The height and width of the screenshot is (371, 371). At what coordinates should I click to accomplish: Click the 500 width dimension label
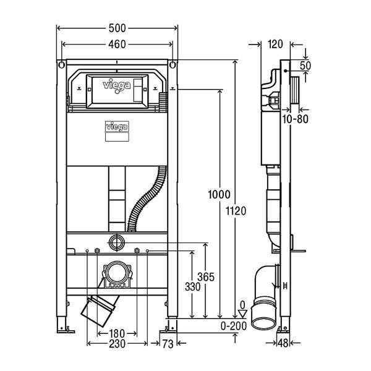(117, 28)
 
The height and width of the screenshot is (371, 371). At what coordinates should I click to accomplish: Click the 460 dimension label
(117, 45)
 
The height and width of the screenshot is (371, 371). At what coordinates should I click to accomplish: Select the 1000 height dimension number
(219, 195)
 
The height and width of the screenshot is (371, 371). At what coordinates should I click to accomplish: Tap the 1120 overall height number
(236, 211)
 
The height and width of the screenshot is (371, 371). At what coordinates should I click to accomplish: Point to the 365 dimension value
(206, 277)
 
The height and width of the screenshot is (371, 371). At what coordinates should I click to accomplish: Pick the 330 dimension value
(192, 287)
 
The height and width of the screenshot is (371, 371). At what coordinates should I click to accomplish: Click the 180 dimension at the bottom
(117, 334)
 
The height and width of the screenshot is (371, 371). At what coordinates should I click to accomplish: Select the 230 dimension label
(117, 344)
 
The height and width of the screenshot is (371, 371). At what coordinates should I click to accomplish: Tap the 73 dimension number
(168, 344)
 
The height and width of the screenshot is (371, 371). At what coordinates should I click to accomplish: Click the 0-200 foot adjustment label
(234, 326)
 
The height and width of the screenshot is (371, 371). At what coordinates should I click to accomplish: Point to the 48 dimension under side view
(283, 343)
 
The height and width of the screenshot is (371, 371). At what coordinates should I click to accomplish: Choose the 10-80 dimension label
(296, 119)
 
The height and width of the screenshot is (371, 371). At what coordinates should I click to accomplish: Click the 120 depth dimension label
(275, 45)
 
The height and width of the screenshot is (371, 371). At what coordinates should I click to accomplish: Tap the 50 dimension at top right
(305, 66)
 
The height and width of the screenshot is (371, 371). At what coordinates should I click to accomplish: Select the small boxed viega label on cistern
(117, 127)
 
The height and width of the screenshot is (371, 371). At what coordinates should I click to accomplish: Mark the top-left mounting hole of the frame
(61, 64)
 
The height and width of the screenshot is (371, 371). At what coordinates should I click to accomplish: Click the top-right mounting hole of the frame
(173, 64)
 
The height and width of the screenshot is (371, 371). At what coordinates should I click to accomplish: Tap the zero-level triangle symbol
(242, 314)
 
